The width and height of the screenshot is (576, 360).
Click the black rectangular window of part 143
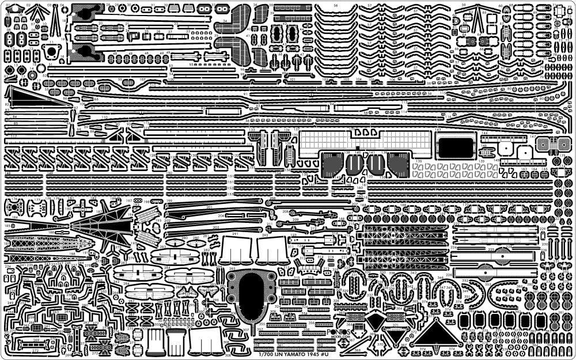tap(454, 149)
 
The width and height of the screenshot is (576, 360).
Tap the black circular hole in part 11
tap(51, 52)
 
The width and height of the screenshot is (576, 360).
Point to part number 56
tap(336, 6)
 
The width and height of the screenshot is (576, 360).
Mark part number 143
tap(438, 131)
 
